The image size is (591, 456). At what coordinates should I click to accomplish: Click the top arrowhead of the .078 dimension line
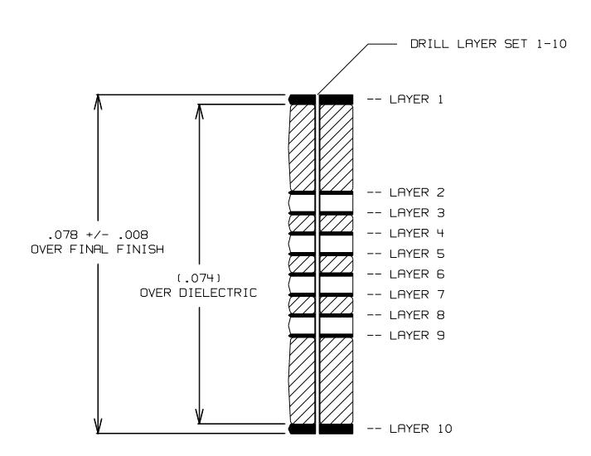[99, 102]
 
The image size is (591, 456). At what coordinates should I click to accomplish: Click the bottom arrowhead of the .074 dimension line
[200, 416]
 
